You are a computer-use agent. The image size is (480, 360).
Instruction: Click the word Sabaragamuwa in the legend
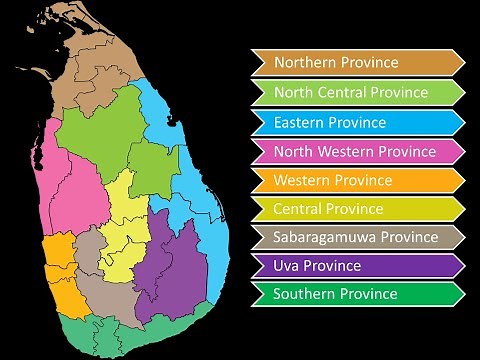[321, 237]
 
